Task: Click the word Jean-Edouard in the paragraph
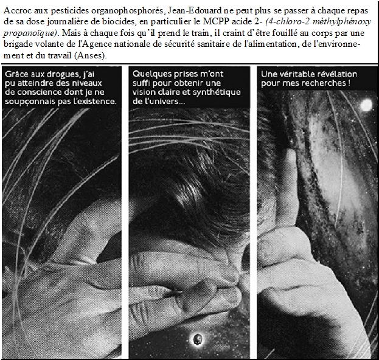(194, 10)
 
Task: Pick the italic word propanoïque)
(30, 33)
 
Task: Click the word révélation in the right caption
(339, 74)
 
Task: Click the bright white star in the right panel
(367, 105)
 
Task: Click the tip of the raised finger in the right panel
(290, 150)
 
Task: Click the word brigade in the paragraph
(17, 44)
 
